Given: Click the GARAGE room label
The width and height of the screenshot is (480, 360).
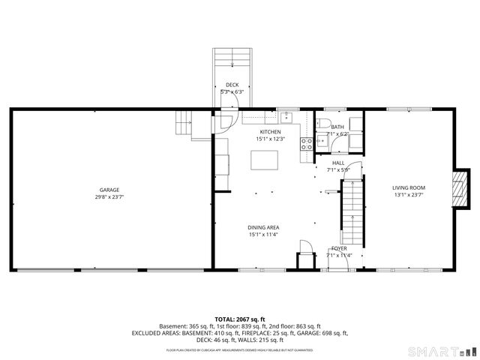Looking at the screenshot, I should click(x=109, y=190).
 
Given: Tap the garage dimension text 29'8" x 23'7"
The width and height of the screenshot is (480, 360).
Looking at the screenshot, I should click(x=109, y=197).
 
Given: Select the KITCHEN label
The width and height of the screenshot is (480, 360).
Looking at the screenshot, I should click(x=270, y=131).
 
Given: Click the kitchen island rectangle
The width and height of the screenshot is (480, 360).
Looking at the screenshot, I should click(x=264, y=160).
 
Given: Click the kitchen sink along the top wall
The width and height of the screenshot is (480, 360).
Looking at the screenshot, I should click(x=286, y=116).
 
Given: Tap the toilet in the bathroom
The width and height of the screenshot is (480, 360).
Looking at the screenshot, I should click(x=323, y=124).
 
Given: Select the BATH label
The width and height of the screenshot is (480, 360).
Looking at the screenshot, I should click(x=338, y=127).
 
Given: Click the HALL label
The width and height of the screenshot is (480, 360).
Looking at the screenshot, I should click(x=338, y=162).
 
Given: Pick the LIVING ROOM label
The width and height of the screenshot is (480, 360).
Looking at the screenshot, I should click(x=409, y=187).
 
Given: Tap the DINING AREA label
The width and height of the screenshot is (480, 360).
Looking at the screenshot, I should click(x=264, y=227).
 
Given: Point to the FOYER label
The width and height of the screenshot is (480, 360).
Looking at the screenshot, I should click(x=338, y=248).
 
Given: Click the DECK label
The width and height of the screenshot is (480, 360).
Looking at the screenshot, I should click(x=232, y=85).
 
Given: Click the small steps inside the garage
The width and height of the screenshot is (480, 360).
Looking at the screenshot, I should click(x=185, y=121).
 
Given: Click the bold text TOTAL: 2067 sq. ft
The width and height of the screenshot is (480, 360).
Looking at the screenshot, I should click(x=239, y=319).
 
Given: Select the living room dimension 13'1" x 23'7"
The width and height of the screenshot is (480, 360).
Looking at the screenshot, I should click(x=409, y=195).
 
